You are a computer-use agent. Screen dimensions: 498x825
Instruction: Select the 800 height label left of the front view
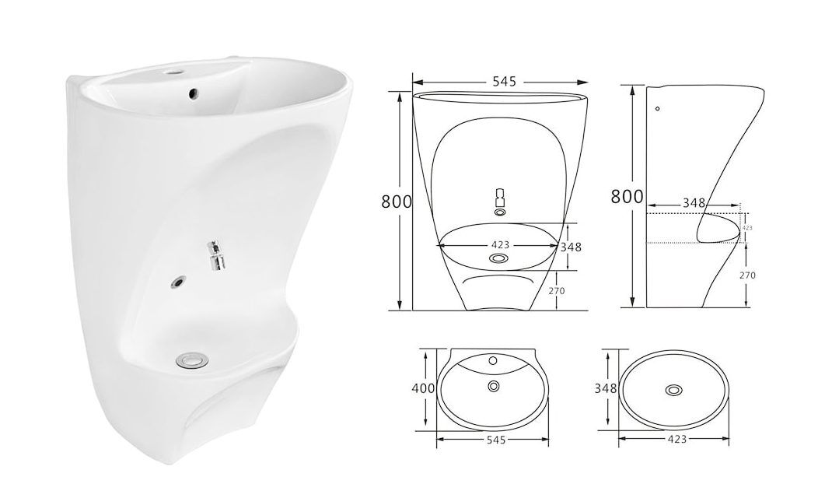click(x=396, y=201)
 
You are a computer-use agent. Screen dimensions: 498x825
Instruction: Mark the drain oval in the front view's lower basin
click(x=499, y=257)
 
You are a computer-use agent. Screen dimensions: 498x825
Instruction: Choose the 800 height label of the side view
click(x=627, y=196)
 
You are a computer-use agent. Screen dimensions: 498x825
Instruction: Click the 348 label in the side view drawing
click(x=693, y=203)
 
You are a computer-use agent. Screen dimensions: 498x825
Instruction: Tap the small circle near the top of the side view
click(x=658, y=109)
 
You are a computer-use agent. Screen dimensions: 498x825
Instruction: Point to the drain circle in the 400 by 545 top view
click(x=493, y=385)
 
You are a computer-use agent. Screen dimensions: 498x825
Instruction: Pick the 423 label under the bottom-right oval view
click(x=676, y=440)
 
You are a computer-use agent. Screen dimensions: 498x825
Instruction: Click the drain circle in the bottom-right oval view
click(x=674, y=389)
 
